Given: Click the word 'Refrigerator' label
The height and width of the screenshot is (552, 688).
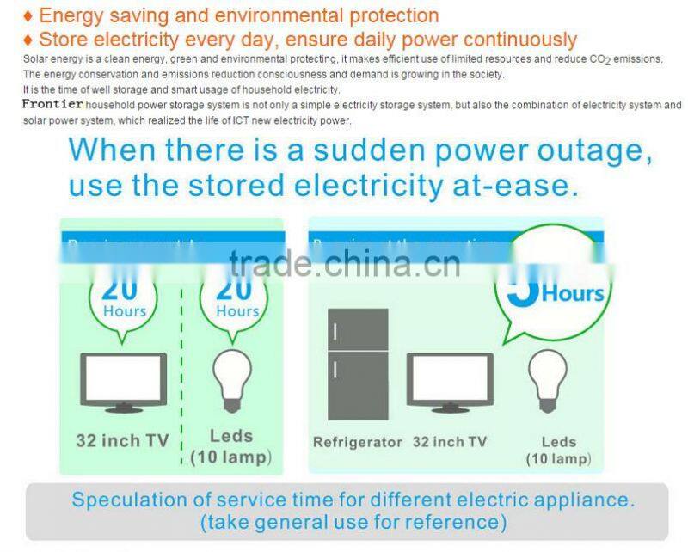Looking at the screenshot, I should pyautogui.click(x=357, y=442).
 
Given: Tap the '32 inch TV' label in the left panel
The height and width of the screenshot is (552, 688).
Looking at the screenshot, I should pyautogui.click(x=123, y=441).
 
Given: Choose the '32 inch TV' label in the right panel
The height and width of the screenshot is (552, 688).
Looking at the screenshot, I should pyautogui.click(x=450, y=442).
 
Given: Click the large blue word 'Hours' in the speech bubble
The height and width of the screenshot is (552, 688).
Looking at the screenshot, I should pyautogui.click(x=573, y=294).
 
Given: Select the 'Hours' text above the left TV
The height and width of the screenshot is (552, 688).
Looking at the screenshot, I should pyautogui.click(x=125, y=311).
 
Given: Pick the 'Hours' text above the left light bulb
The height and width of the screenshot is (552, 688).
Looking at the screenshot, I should pyautogui.click(x=237, y=311).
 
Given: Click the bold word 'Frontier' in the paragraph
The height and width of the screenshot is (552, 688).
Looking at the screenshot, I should pyautogui.click(x=52, y=105).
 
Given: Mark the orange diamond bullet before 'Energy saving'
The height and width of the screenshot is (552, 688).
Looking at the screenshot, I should pyautogui.click(x=28, y=16).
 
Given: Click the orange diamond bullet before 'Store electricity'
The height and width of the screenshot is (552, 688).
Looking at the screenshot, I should pyautogui.click(x=28, y=40).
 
